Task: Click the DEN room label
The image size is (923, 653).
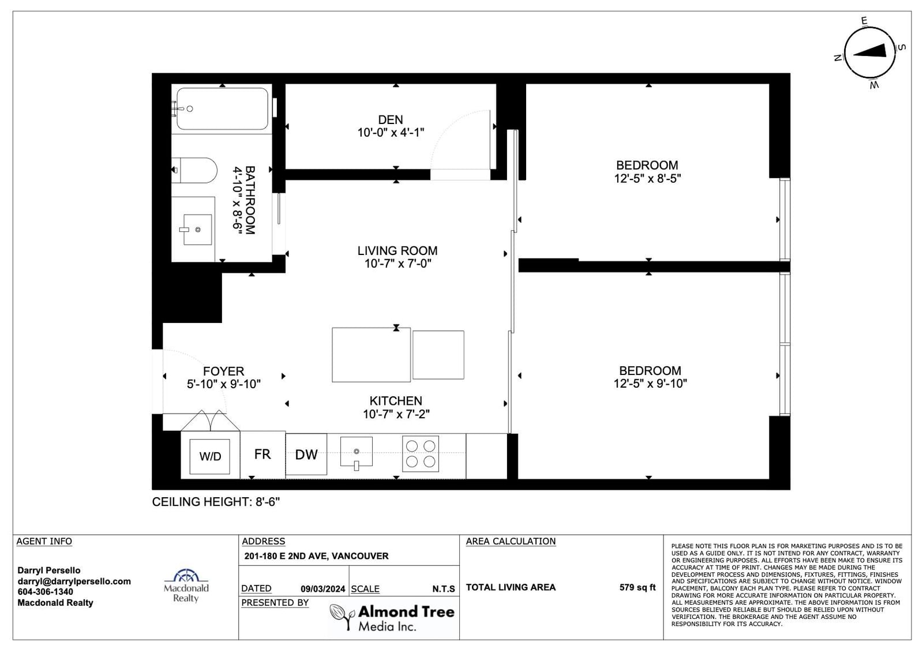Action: point(390,119)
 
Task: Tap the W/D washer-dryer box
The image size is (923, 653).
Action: point(210,456)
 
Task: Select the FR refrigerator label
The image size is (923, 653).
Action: point(262,454)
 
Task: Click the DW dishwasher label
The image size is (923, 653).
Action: point(306,455)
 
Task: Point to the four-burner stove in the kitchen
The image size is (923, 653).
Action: point(421,453)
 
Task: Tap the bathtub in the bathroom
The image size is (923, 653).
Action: point(222,109)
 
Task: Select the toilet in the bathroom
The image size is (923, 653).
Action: point(194,170)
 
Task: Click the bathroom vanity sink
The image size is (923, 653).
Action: point(197,230)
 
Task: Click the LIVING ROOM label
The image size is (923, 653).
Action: point(397,250)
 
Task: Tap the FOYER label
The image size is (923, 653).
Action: point(223,371)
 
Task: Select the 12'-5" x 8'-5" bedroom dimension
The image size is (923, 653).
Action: point(647,178)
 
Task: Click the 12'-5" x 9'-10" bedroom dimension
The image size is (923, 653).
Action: point(650,383)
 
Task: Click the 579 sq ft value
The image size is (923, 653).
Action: point(637,587)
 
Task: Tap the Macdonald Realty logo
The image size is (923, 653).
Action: point(186,586)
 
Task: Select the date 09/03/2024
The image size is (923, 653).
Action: point(322,589)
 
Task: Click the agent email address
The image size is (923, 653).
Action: point(74,581)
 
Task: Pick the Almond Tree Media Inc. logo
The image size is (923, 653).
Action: point(392,617)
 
